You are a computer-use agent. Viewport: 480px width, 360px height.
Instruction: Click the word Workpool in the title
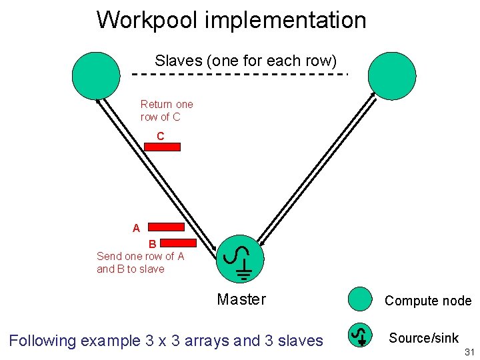(x=147, y=20)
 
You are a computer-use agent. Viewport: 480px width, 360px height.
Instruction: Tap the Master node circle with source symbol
(x=240, y=259)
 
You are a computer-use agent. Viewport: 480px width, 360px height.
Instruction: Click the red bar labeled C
(x=162, y=147)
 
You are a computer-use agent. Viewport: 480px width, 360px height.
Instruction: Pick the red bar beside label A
(x=165, y=227)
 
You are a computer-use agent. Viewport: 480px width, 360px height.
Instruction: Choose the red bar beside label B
(x=177, y=243)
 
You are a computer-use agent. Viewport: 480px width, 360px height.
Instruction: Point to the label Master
(x=241, y=300)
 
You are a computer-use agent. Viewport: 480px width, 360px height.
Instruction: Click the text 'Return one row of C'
(x=167, y=111)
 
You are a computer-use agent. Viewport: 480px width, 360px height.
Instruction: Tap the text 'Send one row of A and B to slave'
(x=140, y=263)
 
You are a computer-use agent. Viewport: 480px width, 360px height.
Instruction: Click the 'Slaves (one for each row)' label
(x=246, y=61)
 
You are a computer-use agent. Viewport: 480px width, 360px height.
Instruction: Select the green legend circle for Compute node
(x=361, y=299)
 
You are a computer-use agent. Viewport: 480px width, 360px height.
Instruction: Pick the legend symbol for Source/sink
(x=361, y=335)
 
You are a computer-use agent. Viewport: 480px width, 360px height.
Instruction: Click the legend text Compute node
(x=427, y=301)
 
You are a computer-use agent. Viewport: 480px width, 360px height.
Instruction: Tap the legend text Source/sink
(x=423, y=338)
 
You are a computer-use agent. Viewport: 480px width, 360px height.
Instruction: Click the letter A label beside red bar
(x=136, y=228)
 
